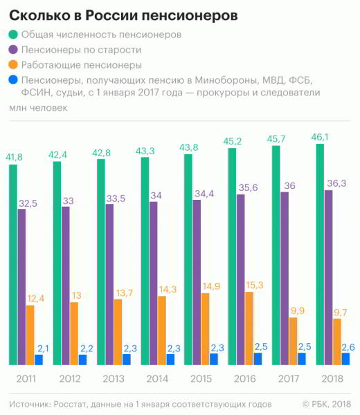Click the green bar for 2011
(13, 265)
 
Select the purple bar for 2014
(154, 284)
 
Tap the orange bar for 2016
(249, 329)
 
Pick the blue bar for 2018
(345, 359)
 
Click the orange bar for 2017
(294, 342)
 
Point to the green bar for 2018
(320, 255)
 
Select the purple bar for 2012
(66, 286)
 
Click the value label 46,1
(320, 137)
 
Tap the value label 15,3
(255, 285)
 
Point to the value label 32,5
(28, 203)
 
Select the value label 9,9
(298, 311)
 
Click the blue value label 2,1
(43, 349)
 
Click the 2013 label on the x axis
(114, 379)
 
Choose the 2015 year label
(201, 379)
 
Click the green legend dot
(13, 35)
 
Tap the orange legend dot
(13, 64)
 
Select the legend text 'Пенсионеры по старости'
(81, 50)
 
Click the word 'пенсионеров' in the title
(190, 16)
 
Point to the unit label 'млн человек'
(38, 108)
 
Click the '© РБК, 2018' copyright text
(327, 404)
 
